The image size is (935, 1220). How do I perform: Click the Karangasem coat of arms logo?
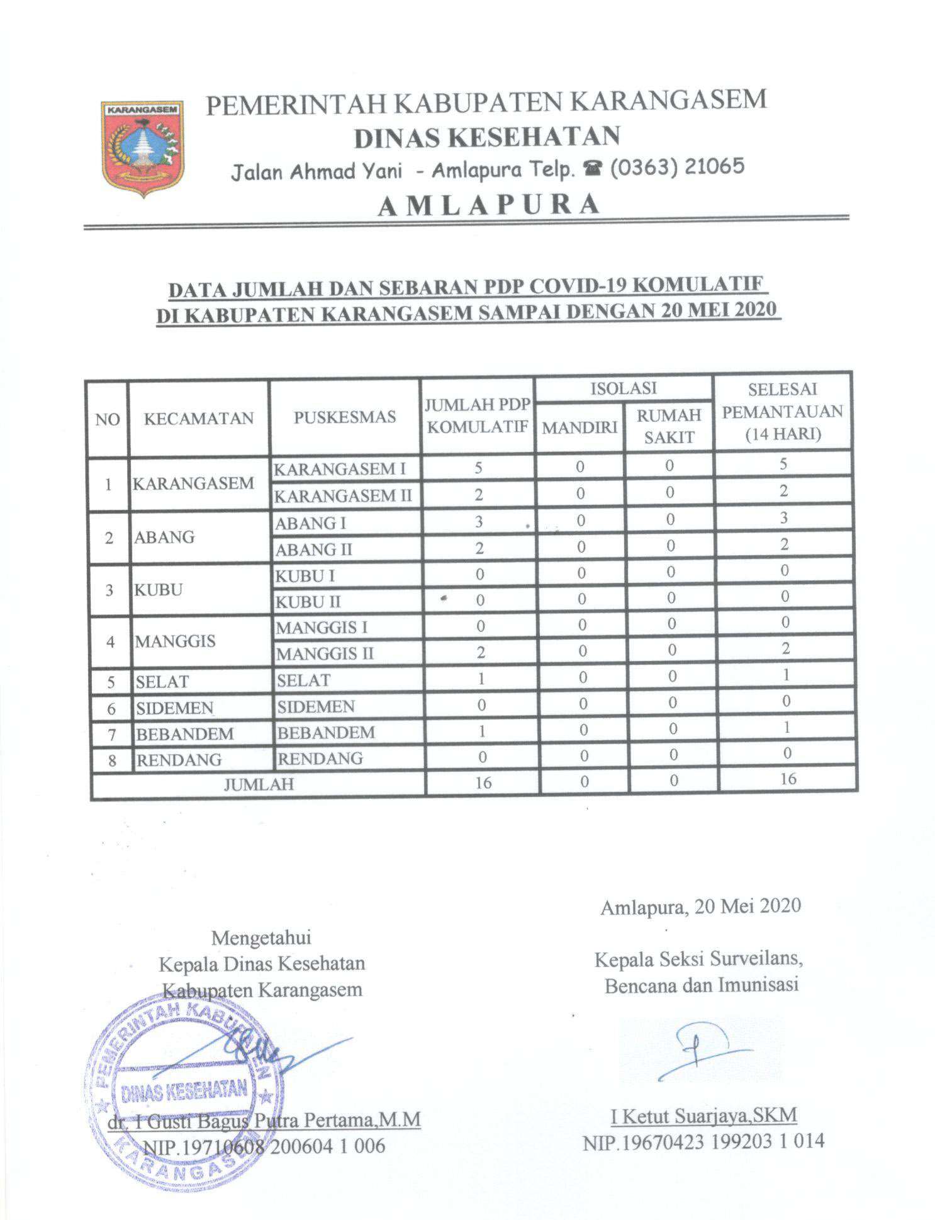143,148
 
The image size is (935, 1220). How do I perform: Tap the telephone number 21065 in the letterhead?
712,166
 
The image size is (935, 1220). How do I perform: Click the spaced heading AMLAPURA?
488,205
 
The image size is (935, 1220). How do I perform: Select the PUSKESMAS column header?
344,417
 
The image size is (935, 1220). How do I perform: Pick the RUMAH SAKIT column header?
669,426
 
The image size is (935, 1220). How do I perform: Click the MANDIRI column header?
579,427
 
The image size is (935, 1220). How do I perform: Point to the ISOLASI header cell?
623,388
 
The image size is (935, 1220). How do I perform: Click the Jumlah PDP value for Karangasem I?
478,468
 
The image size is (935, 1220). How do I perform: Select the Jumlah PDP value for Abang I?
479,521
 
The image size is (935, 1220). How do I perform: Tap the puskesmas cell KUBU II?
308,602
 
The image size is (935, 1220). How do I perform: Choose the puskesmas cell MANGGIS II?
325,654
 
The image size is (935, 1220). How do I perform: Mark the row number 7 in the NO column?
112,735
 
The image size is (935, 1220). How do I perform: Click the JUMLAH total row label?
259,784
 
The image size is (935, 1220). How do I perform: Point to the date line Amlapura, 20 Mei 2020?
700,906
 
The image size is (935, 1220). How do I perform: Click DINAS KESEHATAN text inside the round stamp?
184,1090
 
